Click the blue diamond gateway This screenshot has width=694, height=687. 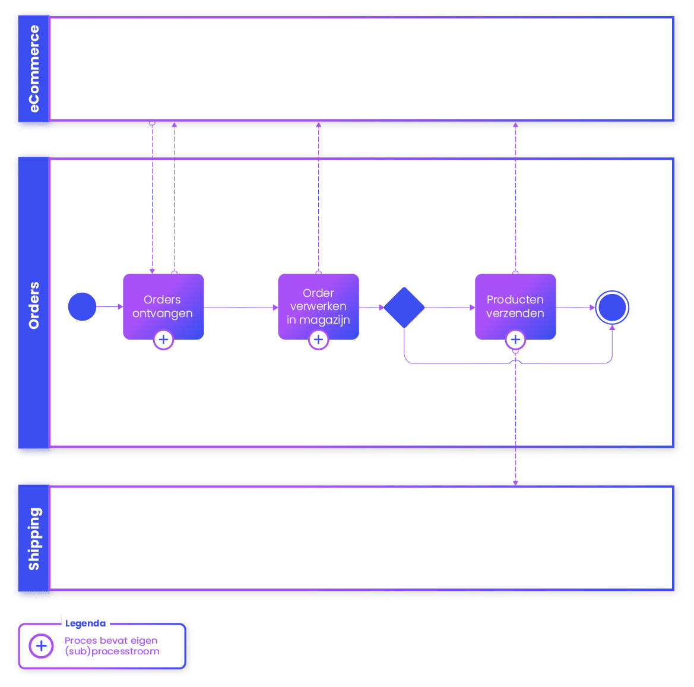[x=404, y=308]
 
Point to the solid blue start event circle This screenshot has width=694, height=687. [x=82, y=307]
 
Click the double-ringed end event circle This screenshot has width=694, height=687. [x=612, y=307]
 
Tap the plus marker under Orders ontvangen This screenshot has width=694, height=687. [x=163, y=340]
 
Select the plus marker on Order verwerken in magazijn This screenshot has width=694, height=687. [x=318, y=340]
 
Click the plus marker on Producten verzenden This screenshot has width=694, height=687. [x=515, y=340]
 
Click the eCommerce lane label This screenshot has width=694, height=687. [x=34, y=69]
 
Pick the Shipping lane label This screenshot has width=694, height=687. [x=34, y=539]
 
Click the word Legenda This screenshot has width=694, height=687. [x=85, y=623]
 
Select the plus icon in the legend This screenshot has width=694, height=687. [x=42, y=645]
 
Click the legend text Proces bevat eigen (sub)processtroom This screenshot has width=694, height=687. [x=112, y=646]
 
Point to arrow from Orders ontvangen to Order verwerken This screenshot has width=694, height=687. [x=240, y=308]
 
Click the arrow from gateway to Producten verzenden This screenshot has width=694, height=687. [x=450, y=308]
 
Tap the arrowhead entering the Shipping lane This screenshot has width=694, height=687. [x=515, y=482]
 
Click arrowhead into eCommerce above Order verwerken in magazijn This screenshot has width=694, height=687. [x=318, y=125]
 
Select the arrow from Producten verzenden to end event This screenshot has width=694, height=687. [x=575, y=308]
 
